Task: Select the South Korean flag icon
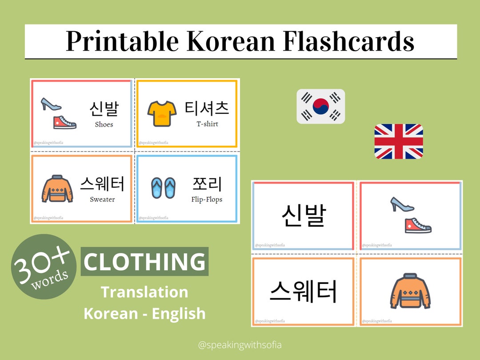[320, 107]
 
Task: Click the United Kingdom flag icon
[398, 141]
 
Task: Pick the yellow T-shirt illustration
[159, 113]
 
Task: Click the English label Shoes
[104, 124]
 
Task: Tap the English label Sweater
[102, 200]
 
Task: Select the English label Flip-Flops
[207, 200]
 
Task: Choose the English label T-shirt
[208, 124]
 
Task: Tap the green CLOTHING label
[144, 262]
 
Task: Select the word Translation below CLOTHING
[144, 292]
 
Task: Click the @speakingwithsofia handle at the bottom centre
[240, 344]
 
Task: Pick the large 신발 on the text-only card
[304, 215]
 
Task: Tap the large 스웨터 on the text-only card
[304, 291]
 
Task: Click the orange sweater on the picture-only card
[410, 291]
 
